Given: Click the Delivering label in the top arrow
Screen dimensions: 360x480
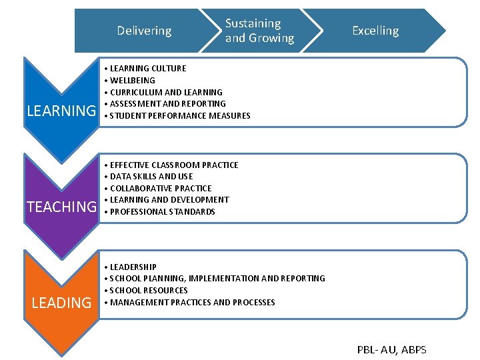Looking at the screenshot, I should [144, 31].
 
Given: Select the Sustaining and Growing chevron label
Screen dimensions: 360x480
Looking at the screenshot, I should [259, 31].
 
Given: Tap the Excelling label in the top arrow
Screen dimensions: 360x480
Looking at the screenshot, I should [375, 31].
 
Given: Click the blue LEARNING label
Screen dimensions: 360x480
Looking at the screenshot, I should [61, 111].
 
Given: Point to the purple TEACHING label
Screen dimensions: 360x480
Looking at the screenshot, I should [61, 207].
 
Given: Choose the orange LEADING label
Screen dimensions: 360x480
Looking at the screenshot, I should [61, 303].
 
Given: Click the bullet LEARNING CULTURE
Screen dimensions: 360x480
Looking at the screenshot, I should [147, 68].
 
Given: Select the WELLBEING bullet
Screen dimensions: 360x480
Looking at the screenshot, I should [132, 80].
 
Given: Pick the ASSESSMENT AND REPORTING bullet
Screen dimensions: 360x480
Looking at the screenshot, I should [167, 103].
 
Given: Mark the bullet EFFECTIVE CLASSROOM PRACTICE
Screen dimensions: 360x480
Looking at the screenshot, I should [173, 165].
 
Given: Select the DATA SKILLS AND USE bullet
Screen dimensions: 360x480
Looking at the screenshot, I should [151, 176].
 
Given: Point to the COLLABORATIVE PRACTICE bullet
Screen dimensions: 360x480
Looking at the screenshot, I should [160, 188].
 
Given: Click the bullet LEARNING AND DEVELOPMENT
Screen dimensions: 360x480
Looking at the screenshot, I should [169, 199].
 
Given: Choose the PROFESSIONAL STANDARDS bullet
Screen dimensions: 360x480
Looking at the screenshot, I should [162, 211].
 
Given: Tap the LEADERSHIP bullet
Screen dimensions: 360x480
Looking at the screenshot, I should [133, 267].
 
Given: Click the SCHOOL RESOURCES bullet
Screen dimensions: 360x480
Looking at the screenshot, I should [149, 290].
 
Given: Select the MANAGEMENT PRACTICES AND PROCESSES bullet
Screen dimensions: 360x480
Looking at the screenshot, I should [192, 302].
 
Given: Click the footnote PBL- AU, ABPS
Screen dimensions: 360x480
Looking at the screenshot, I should [392, 349].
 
